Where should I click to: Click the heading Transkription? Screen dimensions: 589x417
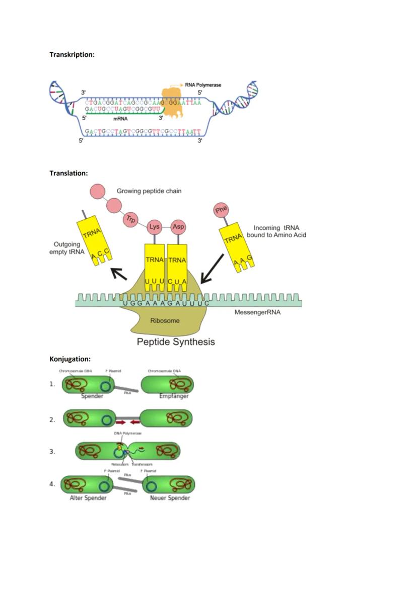pos(72,54)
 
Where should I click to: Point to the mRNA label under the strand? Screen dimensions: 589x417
pos(120,119)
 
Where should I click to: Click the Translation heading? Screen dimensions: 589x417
pos(68,173)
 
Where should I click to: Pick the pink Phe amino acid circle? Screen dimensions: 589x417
pos(221,210)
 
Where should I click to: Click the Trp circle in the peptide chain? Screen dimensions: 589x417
pos(131,219)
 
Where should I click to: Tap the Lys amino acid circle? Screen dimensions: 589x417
pos(155,227)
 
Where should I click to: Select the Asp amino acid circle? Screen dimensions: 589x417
pos(178,227)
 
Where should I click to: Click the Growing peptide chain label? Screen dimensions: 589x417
pos(149,191)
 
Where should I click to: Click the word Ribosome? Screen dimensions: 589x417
pos(165,320)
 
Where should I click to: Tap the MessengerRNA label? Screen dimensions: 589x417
pos(257,312)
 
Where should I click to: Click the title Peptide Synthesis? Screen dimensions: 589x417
pos(176,342)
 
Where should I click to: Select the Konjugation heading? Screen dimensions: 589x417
pos(70,359)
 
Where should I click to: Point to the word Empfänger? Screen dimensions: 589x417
pos(174,396)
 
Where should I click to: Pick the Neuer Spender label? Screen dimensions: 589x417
pos(170,498)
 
